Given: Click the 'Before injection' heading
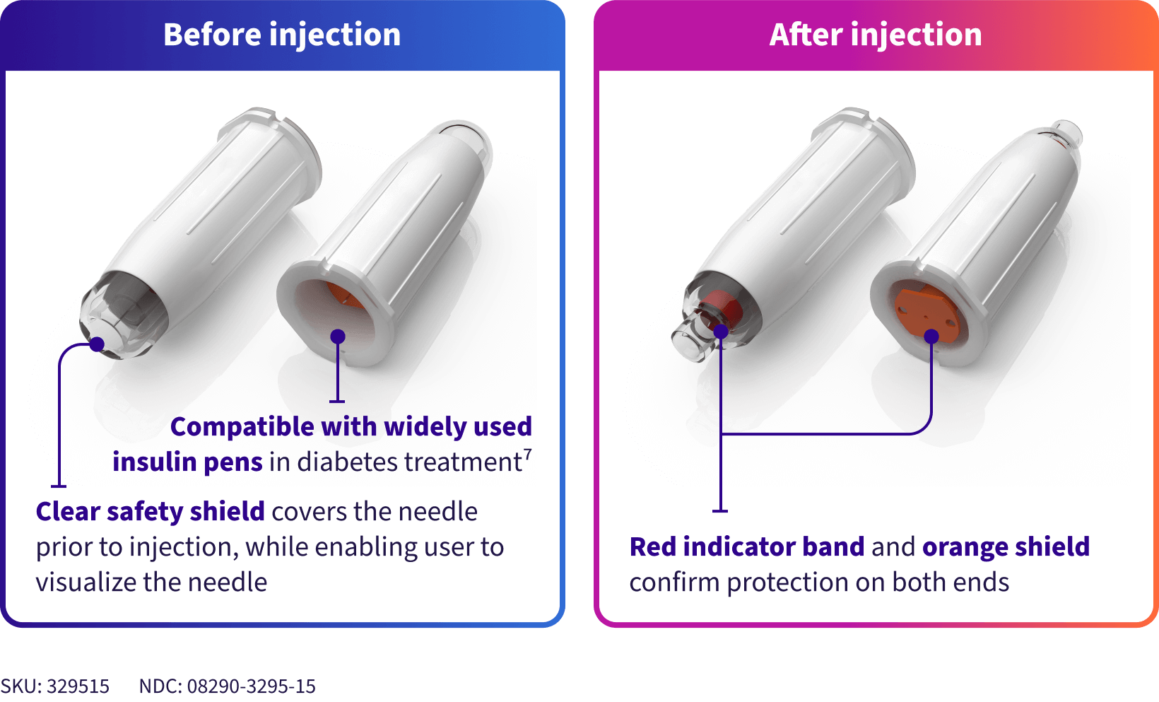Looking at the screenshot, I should point(281,35).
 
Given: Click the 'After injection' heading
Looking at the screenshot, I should point(875,35).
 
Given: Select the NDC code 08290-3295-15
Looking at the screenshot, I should point(251,686).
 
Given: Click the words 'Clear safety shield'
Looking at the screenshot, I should point(150,511).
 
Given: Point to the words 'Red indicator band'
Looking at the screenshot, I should point(746,546).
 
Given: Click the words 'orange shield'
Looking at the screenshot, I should point(1006,546).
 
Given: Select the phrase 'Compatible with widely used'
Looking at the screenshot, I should point(351,427).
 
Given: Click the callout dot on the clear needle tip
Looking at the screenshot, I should point(97,344).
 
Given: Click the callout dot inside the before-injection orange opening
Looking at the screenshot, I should point(338,337).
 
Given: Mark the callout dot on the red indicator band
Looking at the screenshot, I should point(720,331).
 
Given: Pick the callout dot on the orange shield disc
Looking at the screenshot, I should point(931,337).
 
